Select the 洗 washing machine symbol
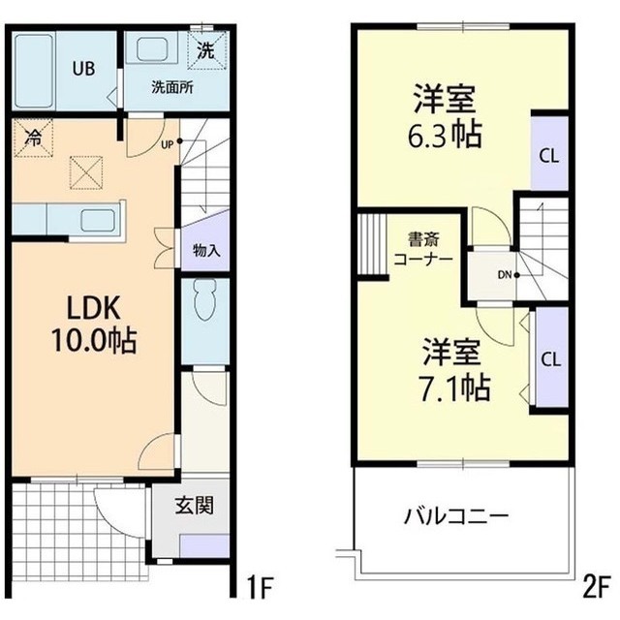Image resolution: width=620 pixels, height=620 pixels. (206, 50)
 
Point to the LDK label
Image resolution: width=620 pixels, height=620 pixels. (94, 308)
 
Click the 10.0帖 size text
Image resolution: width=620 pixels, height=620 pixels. (94, 341)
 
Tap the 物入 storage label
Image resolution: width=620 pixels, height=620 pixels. (206, 250)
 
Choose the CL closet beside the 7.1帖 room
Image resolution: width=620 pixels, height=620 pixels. (550, 358)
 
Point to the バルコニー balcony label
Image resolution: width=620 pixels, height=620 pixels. (455, 515)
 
